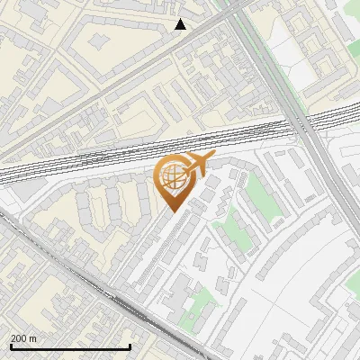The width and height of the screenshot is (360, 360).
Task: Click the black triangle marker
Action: [181, 24]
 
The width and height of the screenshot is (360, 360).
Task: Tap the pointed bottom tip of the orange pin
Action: [171, 211]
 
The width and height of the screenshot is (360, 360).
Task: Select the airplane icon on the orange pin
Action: [195, 164]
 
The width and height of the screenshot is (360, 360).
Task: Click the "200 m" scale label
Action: [24, 337]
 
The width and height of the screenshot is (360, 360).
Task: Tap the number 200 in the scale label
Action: [19, 337]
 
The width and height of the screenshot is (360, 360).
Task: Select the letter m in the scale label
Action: [34, 337]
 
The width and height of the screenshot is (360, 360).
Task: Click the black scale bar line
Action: [70, 346]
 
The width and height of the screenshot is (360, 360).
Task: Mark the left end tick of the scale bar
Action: [11, 346]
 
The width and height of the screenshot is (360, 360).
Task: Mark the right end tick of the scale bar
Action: [130, 346]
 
